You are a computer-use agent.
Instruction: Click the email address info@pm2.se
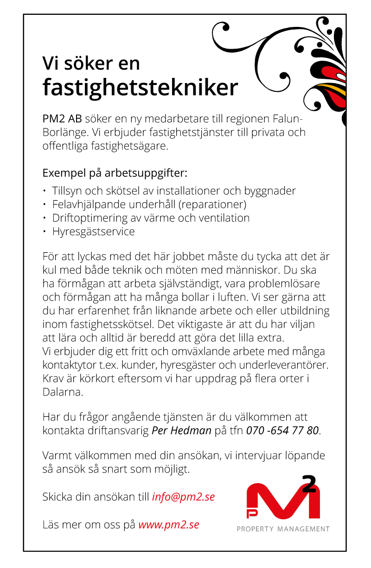click(183, 497)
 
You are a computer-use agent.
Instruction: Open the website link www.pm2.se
click(169, 525)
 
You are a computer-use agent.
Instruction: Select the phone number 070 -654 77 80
click(282, 430)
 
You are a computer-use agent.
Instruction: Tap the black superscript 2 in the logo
click(309, 483)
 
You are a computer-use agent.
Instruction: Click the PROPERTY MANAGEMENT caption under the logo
click(283, 529)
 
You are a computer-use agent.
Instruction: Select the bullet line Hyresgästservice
click(93, 231)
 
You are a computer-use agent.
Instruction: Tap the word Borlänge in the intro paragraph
click(64, 133)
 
